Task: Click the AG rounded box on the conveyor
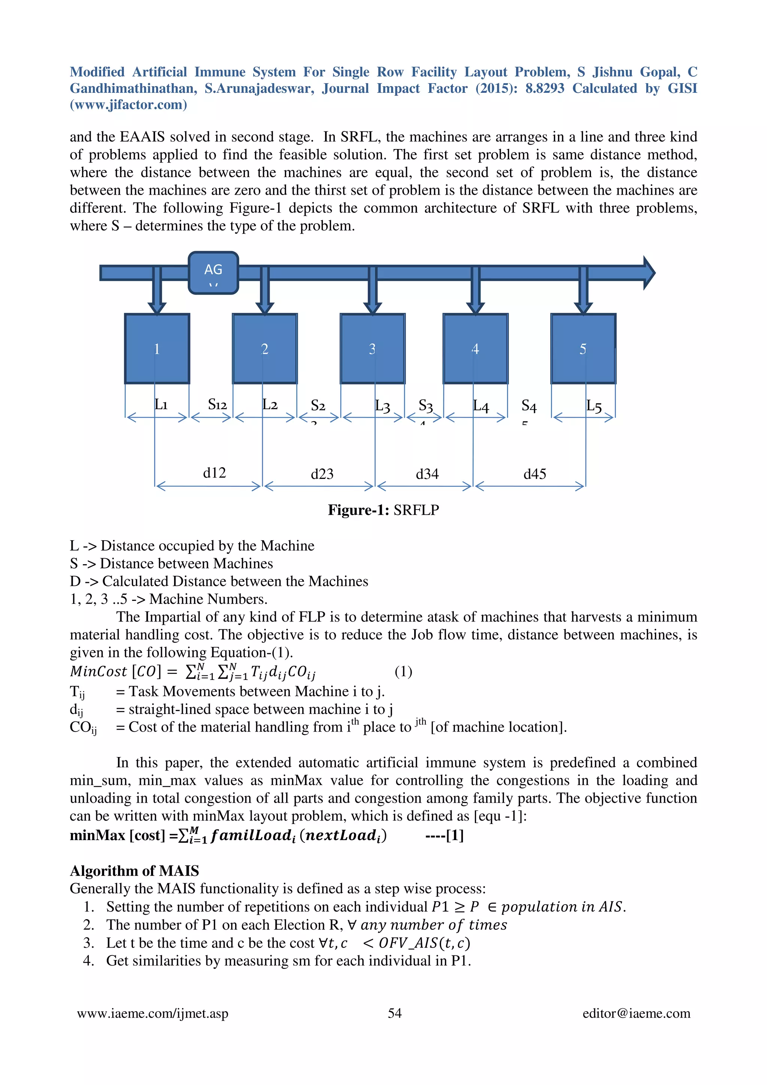coord(213,273)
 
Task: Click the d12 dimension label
coord(214,472)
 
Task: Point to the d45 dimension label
coord(534,474)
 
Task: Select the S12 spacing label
coord(217,404)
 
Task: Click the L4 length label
coord(481,406)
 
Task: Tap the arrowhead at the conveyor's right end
coord(649,273)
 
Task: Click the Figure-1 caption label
coord(383,510)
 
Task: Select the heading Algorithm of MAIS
coord(134,870)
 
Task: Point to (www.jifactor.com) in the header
coord(128,104)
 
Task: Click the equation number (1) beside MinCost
coord(403,671)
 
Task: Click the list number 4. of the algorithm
coord(88,961)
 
